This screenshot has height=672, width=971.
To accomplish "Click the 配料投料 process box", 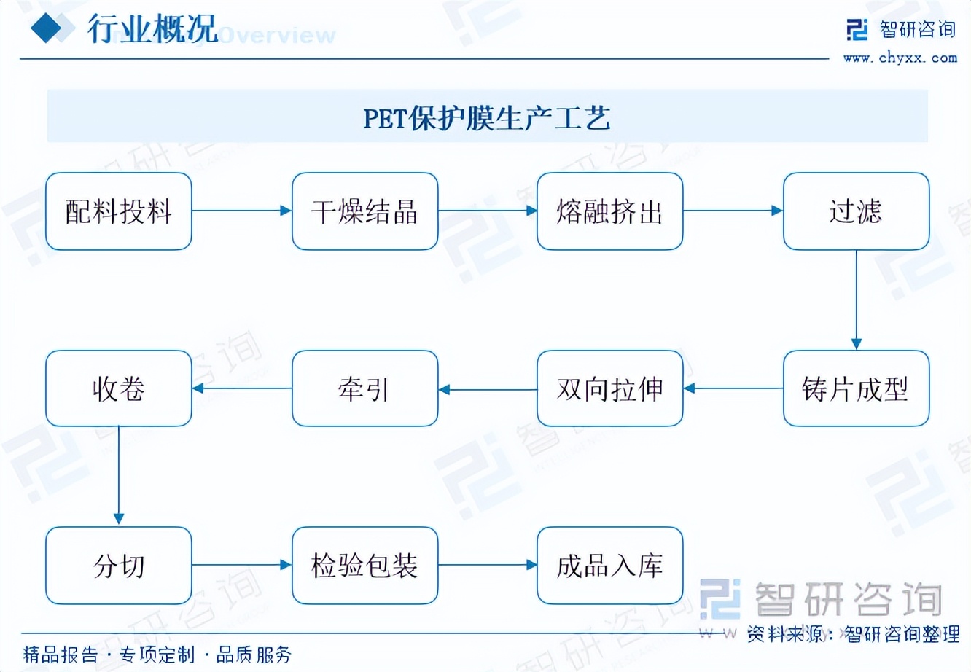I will pyautogui.click(x=119, y=211).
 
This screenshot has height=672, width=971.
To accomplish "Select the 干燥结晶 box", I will pyautogui.click(x=364, y=211).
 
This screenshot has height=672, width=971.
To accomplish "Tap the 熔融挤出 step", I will pyautogui.click(x=610, y=211).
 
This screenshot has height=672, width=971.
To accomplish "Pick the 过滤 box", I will pyautogui.click(x=856, y=211).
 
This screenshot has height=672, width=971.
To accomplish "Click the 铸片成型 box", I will pyautogui.click(x=856, y=388).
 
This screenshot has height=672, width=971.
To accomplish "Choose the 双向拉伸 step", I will pyautogui.click(x=610, y=388).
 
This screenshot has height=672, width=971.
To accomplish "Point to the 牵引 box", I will pyautogui.click(x=364, y=388).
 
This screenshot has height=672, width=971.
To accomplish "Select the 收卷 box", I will pyautogui.click(x=119, y=388).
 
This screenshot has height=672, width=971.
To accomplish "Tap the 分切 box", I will pyautogui.click(x=119, y=566).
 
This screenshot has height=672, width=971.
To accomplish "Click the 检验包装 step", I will pyautogui.click(x=364, y=566).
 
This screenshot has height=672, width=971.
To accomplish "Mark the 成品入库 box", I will pyautogui.click(x=610, y=566).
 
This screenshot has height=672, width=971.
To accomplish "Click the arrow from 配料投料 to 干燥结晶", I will pyautogui.click(x=241, y=211).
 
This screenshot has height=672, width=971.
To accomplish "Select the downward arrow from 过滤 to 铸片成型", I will pyautogui.click(x=856, y=300).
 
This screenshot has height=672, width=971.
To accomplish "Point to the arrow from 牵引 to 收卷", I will pyautogui.click(x=241, y=388).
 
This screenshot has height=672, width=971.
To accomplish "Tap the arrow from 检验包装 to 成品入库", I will pyautogui.click(x=487, y=565).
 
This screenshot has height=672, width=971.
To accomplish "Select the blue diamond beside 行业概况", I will pyautogui.click(x=51, y=28).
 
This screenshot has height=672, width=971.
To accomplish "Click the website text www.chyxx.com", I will pyautogui.click(x=900, y=58).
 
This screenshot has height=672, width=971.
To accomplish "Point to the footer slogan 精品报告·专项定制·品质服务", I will pyautogui.click(x=157, y=655).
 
